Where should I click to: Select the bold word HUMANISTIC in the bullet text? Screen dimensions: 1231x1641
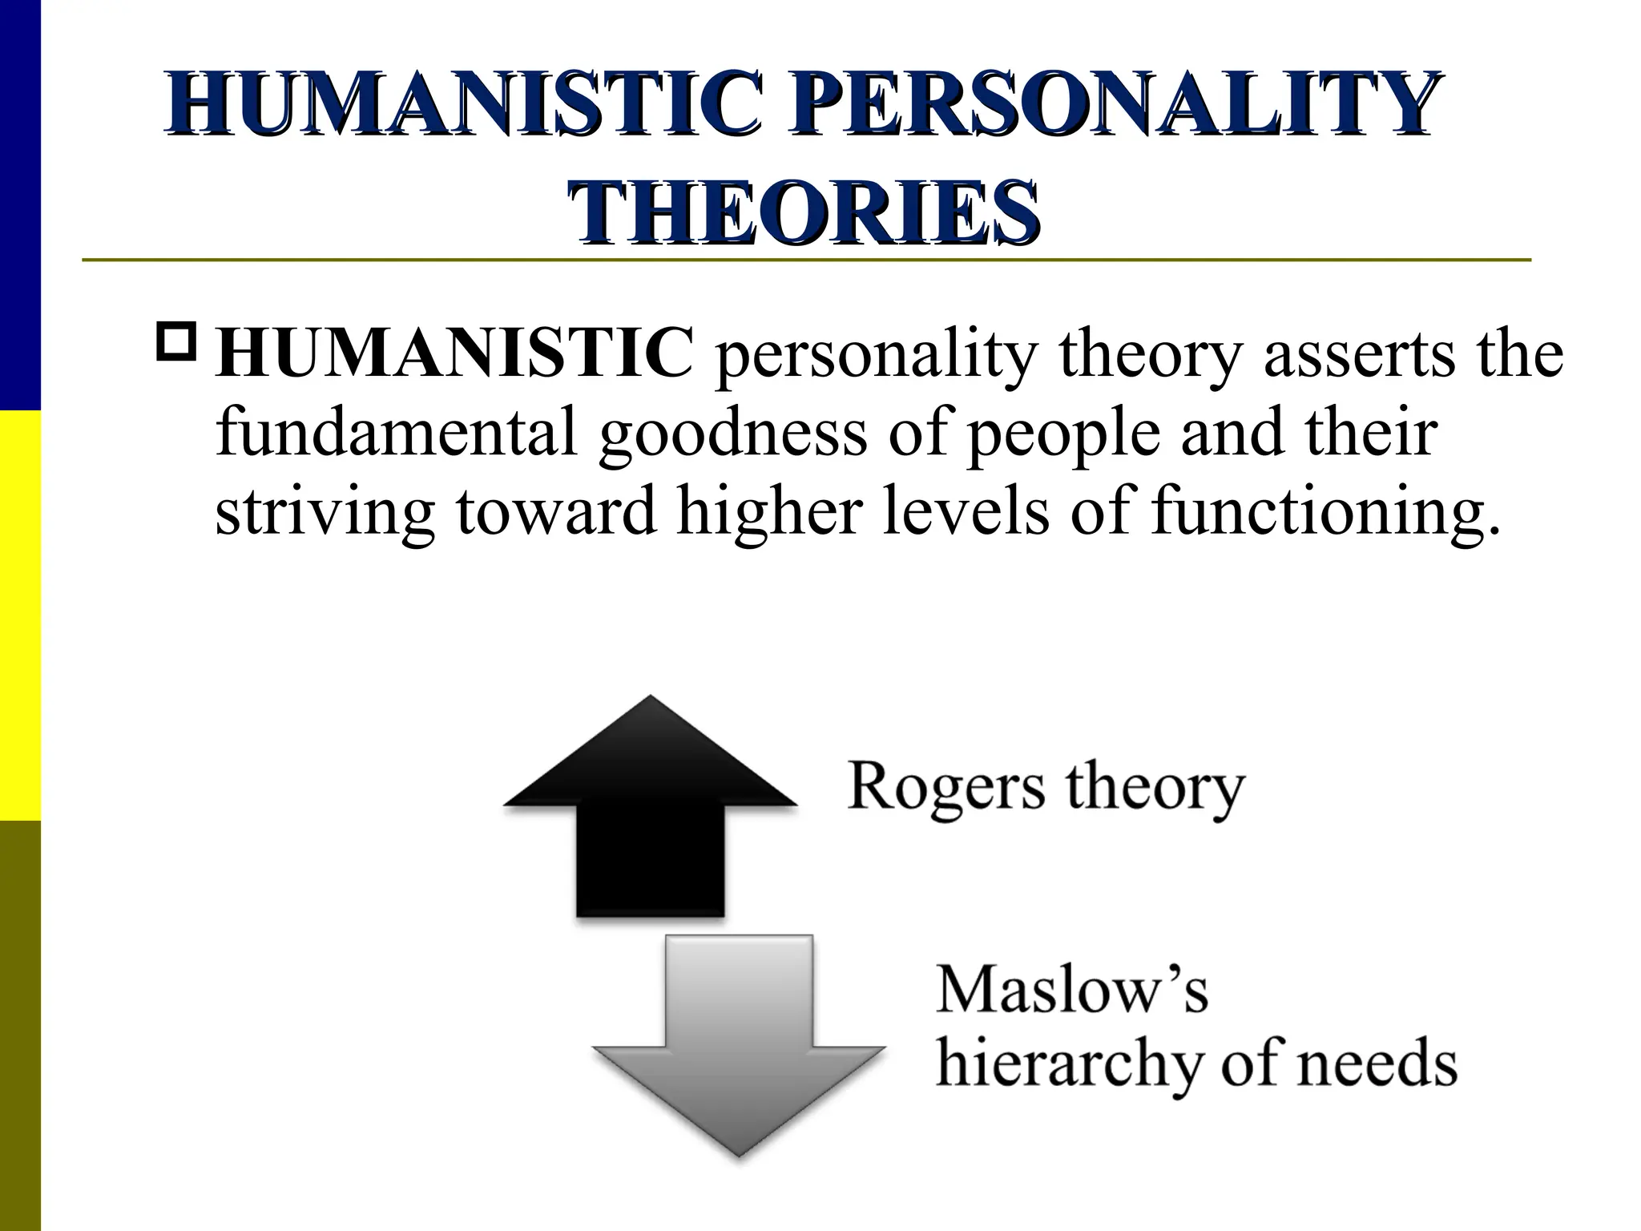tap(454, 353)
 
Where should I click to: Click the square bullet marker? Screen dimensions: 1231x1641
tap(178, 340)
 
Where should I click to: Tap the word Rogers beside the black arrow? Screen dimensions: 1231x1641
tap(945, 788)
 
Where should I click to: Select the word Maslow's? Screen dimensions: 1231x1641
tap(1071, 991)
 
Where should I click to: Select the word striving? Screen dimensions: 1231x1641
tap(325, 514)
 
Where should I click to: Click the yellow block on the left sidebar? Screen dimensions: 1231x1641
tap(20, 615)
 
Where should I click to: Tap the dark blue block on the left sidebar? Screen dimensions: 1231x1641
tap(20, 204)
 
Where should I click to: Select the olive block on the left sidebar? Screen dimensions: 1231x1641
tap(20, 1026)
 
